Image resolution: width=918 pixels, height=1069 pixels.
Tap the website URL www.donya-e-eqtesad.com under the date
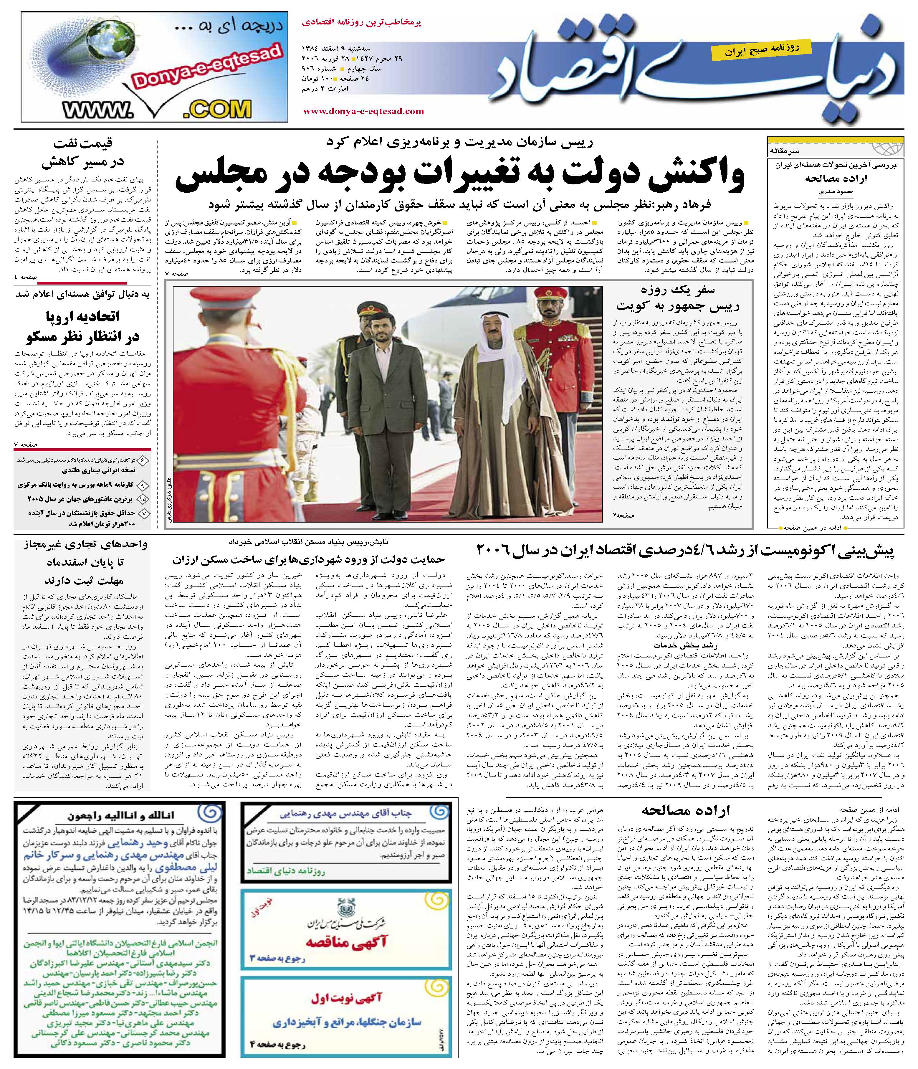tap(364, 111)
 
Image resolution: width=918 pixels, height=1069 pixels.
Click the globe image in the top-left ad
tap(67, 52)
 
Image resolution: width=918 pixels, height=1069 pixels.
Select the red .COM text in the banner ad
tap(216, 109)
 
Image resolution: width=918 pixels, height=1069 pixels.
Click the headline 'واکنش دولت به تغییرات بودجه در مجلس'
tap(459, 176)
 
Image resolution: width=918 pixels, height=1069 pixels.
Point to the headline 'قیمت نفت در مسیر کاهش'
tap(82, 152)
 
